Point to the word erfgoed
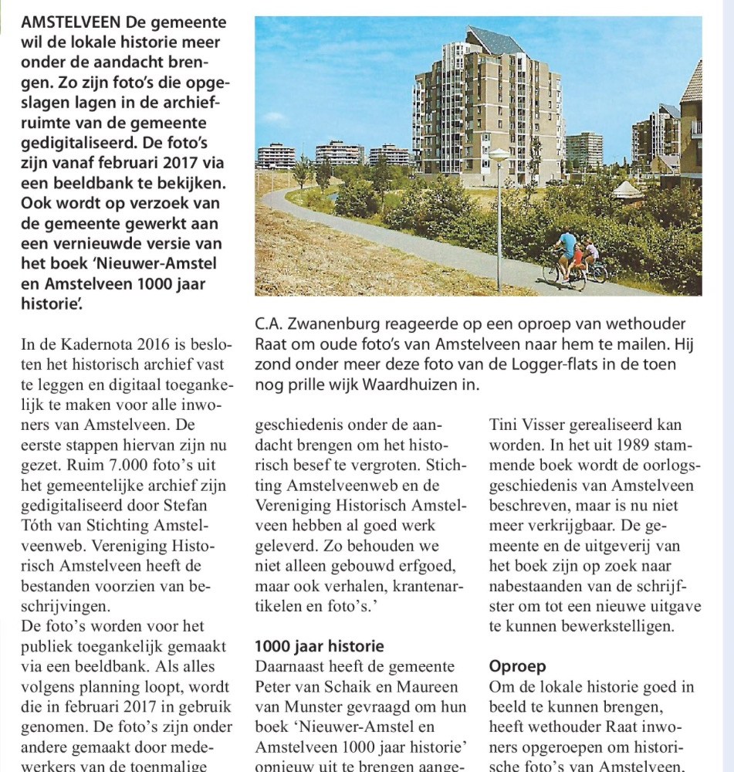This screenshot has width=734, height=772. (x=431, y=565)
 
